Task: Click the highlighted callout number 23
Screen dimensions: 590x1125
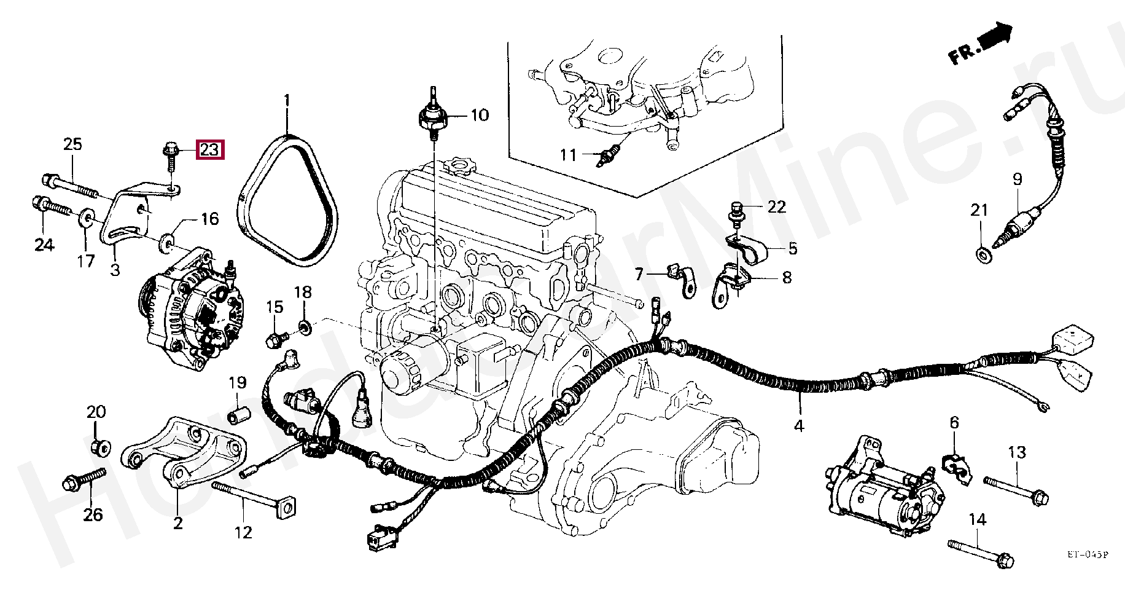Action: [x=210, y=150]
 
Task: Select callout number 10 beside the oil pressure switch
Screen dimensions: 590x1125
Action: [x=479, y=115]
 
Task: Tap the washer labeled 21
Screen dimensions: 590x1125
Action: [x=982, y=254]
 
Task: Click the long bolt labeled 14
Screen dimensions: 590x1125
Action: [x=983, y=552]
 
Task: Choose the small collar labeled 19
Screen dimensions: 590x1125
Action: [x=238, y=416]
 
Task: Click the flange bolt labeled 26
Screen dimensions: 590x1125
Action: [x=84, y=479]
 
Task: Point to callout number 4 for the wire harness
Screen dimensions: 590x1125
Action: [x=799, y=425]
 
